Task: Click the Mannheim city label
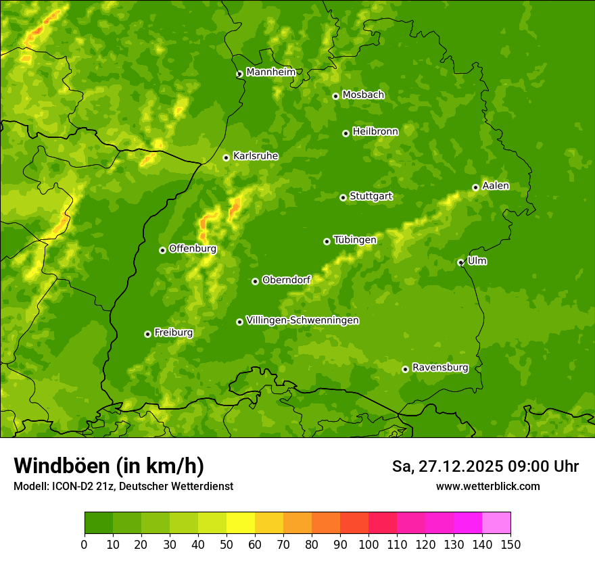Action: (x=270, y=72)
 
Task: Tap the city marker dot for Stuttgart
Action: (x=343, y=197)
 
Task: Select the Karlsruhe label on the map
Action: (x=255, y=156)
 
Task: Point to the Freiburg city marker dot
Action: (x=147, y=334)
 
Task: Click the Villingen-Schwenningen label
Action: (x=302, y=320)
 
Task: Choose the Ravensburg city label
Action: (x=439, y=368)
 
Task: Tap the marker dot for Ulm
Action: (x=460, y=262)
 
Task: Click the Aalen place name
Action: (x=495, y=186)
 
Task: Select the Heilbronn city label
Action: (x=375, y=132)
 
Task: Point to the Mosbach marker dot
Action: (x=335, y=96)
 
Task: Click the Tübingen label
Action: (x=354, y=240)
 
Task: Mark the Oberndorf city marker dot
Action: (x=255, y=281)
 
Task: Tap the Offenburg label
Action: (x=192, y=249)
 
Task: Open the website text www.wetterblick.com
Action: (x=487, y=486)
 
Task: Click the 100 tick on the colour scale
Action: (x=368, y=544)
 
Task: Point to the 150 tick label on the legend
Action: (x=510, y=544)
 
